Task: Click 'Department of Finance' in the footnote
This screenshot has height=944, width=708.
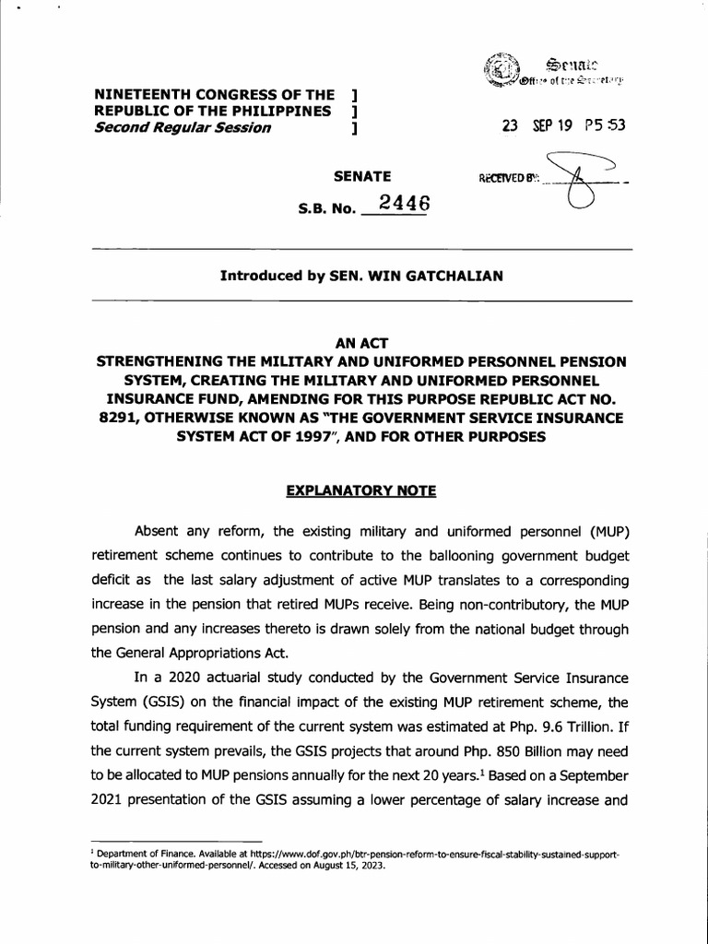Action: tap(136, 855)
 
